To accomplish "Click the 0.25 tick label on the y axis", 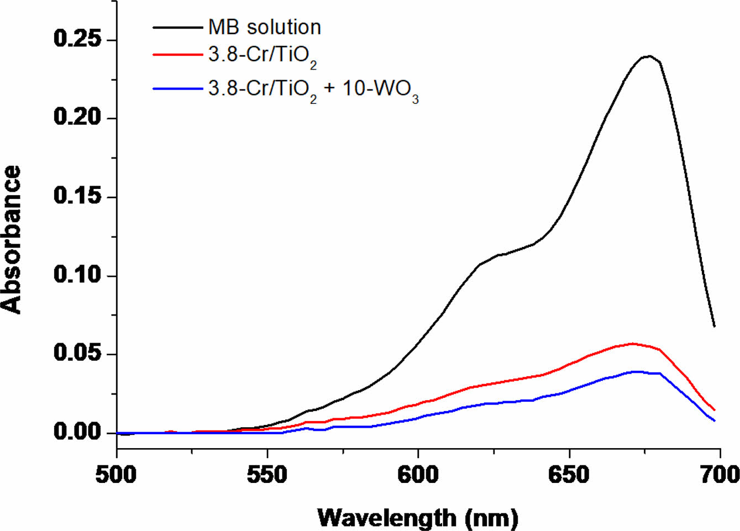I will (78, 39).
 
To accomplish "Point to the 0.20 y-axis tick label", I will (78, 118).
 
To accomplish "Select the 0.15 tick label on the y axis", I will (78, 196).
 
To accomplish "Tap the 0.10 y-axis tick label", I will (78, 275).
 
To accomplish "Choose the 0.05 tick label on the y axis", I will (78, 353).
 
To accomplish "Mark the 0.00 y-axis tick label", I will (78, 432).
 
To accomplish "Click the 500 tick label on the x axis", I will (116, 475).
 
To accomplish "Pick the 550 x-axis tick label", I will (267, 475).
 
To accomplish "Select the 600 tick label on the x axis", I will (418, 475).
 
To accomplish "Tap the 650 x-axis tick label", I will (569, 475).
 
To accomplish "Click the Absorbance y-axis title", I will (12, 239).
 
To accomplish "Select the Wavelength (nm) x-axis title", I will (418, 518).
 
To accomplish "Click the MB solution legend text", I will (264, 27).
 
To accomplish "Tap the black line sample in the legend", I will (177, 27).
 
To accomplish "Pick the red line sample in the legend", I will (177, 55).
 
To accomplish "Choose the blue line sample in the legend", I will (177, 88).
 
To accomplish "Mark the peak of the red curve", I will (633, 343).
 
